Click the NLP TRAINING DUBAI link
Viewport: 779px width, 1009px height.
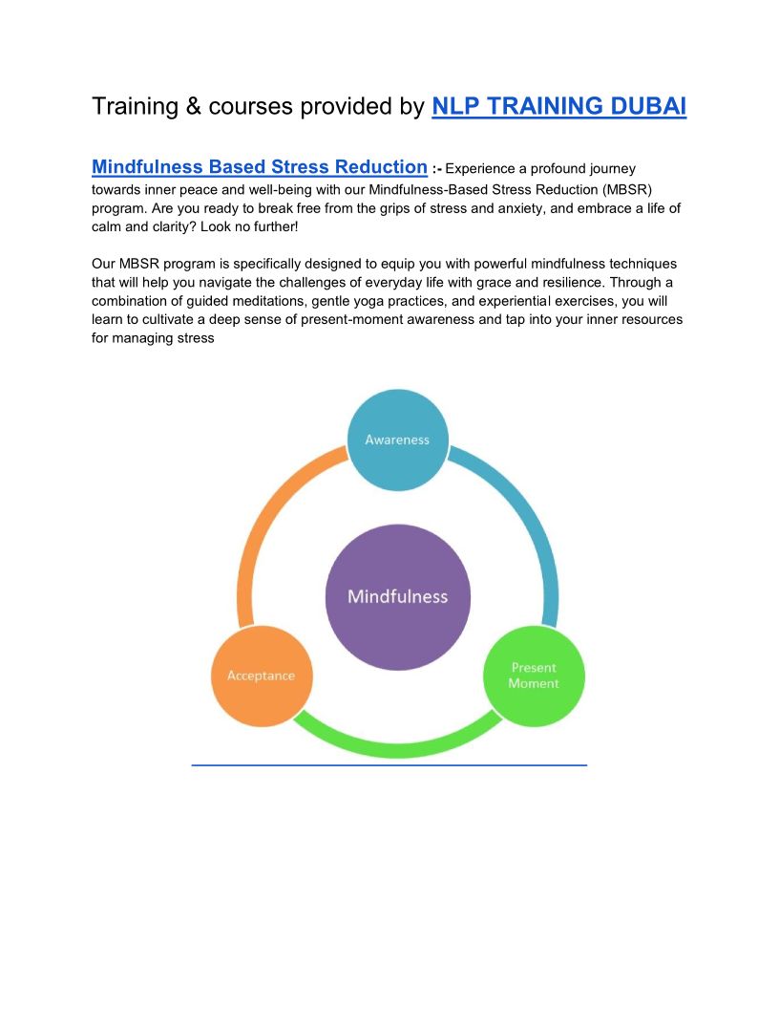tap(558, 106)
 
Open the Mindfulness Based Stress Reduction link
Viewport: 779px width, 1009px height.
tap(259, 167)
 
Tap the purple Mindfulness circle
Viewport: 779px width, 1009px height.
tap(397, 596)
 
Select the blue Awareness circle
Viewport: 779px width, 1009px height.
tap(397, 440)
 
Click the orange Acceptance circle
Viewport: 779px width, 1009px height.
tap(261, 676)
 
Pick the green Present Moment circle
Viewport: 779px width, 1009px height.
tap(534, 676)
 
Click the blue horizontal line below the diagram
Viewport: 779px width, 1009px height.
tap(389, 764)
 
